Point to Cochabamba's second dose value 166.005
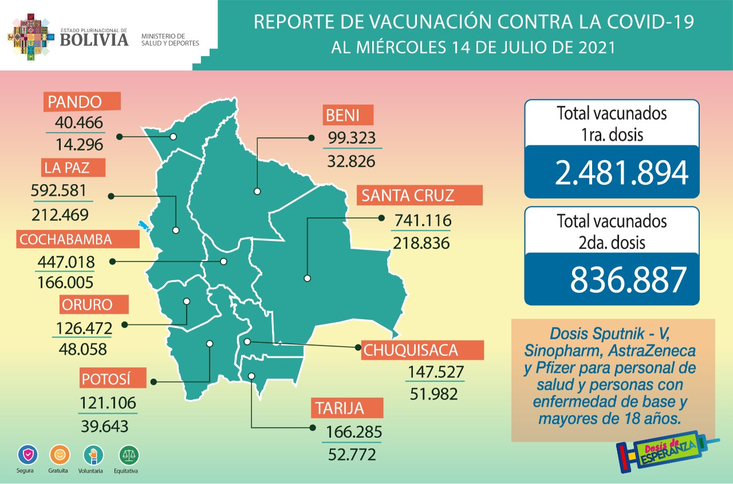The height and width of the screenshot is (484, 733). pyautogui.click(x=65, y=282)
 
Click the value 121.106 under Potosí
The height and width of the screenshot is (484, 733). pyautogui.click(x=108, y=403)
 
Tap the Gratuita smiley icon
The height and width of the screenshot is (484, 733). pyautogui.click(x=59, y=455)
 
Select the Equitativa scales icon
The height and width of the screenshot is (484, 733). pyautogui.click(x=128, y=455)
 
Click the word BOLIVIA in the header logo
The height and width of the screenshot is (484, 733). pyautogui.click(x=94, y=39)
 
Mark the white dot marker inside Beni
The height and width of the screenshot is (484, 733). pyautogui.click(x=257, y=192)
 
